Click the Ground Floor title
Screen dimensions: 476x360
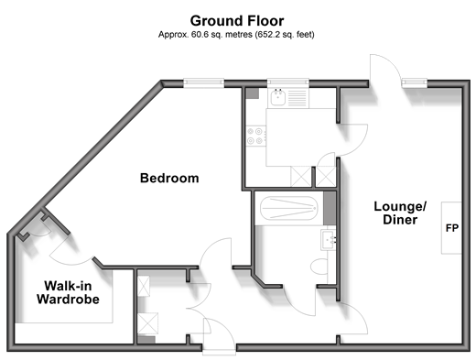[x=237, y=21]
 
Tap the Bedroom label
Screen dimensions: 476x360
[x=169, y=178]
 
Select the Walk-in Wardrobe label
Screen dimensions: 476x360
[x=68, y=292]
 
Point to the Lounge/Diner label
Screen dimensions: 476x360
[x=400, y=213]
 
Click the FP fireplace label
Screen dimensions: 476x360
[x=452, y=228]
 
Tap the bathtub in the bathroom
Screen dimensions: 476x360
[x=289, y=208]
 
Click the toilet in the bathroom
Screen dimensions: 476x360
[x=319, y=267]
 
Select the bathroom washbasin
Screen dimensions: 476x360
[x=329, y=240]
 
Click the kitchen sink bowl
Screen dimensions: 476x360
[x=277, y=97]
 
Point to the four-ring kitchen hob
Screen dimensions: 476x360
[x=255, y=136]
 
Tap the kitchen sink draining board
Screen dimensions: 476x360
[x=297, y=98]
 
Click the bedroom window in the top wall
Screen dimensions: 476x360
[x=204, y=82]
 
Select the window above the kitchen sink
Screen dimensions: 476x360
[x=288, y=82]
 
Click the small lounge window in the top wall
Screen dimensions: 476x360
[x=414, y=82]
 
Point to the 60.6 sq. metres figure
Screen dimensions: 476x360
[x=222, y=35]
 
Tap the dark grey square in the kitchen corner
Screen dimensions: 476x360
[x=253, y=93]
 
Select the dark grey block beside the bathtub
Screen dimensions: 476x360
[x=330, y=208]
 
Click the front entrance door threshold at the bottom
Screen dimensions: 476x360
[x=219, y=351]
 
